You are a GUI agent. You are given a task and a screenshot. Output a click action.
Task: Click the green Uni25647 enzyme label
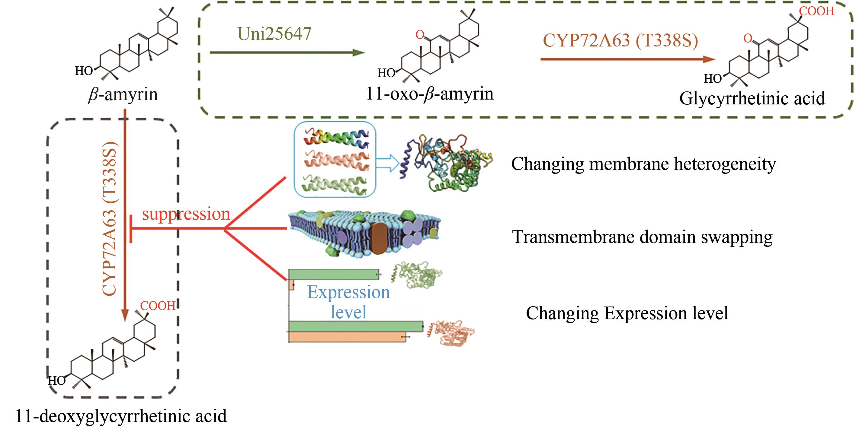(274, 33)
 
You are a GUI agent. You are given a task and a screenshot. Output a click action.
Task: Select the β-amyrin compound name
(123, 95)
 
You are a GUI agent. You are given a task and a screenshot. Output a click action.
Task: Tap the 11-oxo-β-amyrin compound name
(429, 94)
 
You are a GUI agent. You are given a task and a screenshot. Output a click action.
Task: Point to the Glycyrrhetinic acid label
(752, 98)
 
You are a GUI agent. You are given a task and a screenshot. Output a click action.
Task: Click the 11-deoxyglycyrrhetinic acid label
(121, 416)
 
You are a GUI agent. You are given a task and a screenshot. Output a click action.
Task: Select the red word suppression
(186, 214)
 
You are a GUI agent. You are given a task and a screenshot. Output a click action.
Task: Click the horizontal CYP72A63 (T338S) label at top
(620, 40)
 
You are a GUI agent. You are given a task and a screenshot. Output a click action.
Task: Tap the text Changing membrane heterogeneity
(643, 164)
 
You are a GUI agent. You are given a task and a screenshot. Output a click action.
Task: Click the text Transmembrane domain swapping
(642, 237)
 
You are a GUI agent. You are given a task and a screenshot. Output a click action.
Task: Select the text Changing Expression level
(627, 313)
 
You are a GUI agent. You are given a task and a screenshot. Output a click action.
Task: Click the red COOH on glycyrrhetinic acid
(816, 11)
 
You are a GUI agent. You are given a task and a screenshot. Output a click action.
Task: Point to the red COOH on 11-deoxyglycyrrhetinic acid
(158, 306)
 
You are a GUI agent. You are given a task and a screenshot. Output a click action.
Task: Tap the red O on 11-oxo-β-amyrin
(420, 34)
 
